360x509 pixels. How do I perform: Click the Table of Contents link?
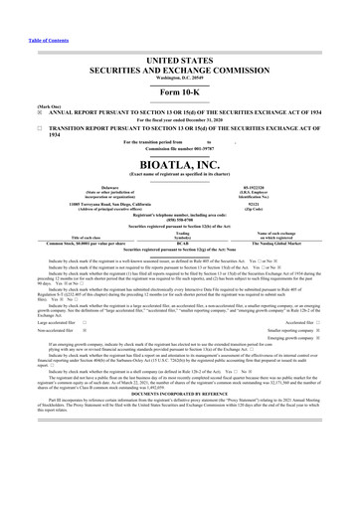(x=27, y=13)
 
